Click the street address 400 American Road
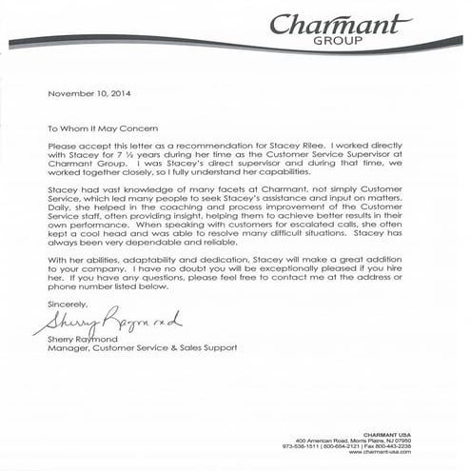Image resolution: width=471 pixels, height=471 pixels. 319,442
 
